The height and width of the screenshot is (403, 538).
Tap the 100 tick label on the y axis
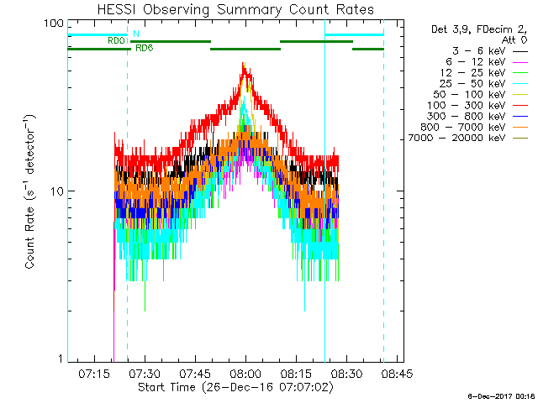click(54, 24)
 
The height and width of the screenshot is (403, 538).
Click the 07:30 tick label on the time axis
click(145, 371)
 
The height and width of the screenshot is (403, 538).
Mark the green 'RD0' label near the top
click(116, 40)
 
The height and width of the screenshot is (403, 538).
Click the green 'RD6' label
click(144, 48)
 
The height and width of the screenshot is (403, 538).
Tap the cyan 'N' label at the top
click(136, 34)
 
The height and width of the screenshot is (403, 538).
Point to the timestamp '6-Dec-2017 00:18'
click(503, 395)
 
